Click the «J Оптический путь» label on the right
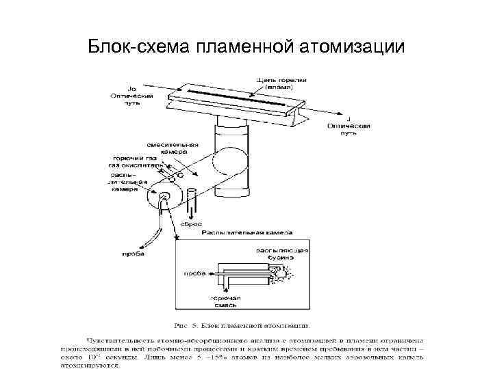tap(349, 126)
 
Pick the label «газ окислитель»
tap(136, 165)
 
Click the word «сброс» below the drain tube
tap(190, 223)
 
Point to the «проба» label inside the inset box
tap(194, 273)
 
